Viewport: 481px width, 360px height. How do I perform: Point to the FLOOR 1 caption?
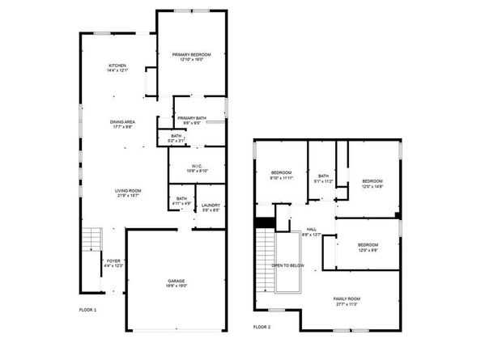click(x=87, y=310)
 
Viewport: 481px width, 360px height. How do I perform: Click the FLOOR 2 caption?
click(x=262, y=327)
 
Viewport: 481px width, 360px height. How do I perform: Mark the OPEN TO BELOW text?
click(x=287, y=265)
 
